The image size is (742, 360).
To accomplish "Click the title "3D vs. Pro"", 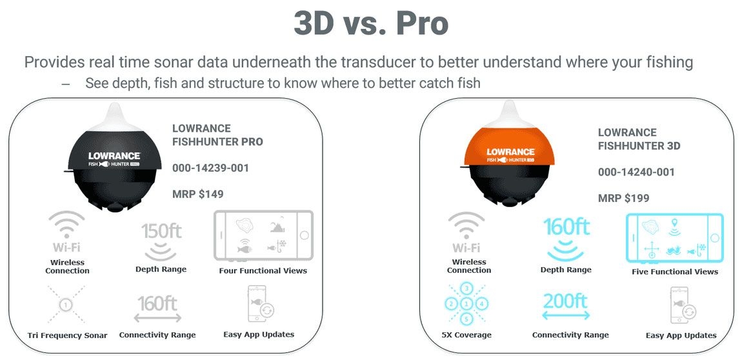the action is pos(371,24).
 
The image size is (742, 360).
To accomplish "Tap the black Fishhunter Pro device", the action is pos(114,159).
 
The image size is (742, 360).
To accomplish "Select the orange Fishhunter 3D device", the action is pos(510,159).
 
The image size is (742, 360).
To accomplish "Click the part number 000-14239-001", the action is pos(210,168).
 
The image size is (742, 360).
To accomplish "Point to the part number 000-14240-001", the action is pos(636,172).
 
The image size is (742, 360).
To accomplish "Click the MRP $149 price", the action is pos(198,194).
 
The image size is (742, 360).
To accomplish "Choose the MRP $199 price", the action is pos(624,198).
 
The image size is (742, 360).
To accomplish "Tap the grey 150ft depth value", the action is pos(161,231).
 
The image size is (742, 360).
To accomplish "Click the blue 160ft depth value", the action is pos(566,227).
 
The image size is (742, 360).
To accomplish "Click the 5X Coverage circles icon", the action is pos(466,303).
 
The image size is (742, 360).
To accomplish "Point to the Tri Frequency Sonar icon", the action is pos(66,305).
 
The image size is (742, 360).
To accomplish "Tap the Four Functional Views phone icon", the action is pos(264,235).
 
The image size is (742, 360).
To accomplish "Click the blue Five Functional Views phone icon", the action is pos(674,239).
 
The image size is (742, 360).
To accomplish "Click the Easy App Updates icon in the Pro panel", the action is pos(259,304).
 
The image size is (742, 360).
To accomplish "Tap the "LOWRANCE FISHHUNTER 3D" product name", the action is pos(639,139).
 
